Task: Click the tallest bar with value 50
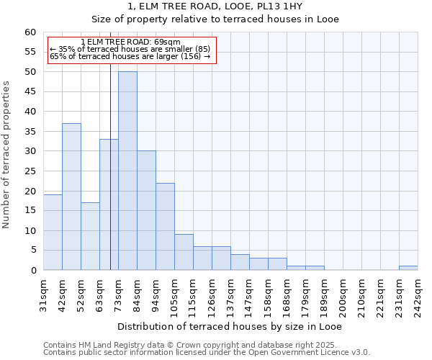coord(127,171)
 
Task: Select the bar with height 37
coord(71,197)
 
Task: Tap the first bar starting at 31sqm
coord(53,232)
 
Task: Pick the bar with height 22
coord(165,226)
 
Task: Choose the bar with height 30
coord(146,210)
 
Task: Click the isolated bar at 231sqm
coord(408,268)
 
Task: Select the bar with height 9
coord(184,252)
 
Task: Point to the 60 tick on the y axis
coord(30,32)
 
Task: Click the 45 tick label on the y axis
coord(30,91)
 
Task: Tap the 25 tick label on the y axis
coord(30,171)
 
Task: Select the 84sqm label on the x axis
coord(137,293)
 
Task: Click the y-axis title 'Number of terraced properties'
coord(6,154)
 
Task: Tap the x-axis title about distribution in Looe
coord(230,326)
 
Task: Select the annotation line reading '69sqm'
coord(130,42)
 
